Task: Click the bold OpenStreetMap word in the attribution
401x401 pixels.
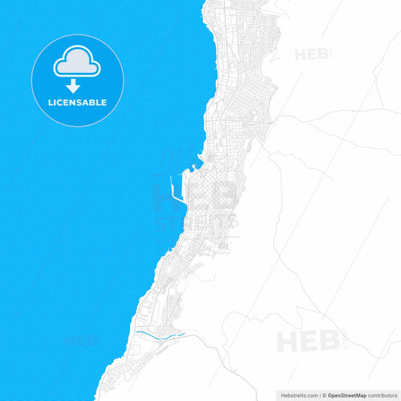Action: tap(347, 394)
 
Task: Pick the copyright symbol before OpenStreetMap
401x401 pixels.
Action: tap(324, 394)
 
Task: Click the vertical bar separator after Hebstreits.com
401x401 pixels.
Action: tap(319, 394)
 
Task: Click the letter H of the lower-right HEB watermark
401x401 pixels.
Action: tap(287, 341)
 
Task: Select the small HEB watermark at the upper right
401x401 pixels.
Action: tap(311, 54)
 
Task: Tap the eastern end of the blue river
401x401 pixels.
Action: tap(183, 333)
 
